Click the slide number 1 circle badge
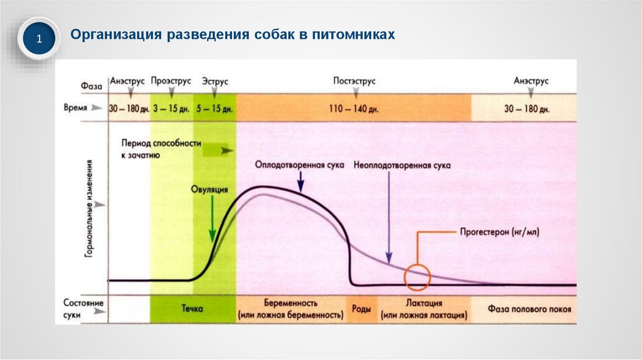tap(38, 40)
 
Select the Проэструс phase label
tap(170, 82)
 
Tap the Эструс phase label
tap(215, 82)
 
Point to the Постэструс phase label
tap(355, 82)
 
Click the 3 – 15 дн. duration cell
tap(171, 109)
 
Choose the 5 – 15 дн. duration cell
tap(215, 109)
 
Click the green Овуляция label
tap(210, 189)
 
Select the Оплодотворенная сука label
tap(298, 165)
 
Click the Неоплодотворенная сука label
tap(402, 165)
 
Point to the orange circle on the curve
tap(417, 277)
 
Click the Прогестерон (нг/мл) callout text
tap(500, 231)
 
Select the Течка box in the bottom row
tap(193, 309)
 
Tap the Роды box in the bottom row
tap(360, 309)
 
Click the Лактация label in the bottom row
tap(424, 303)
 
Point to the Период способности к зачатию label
tap(162, 149)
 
